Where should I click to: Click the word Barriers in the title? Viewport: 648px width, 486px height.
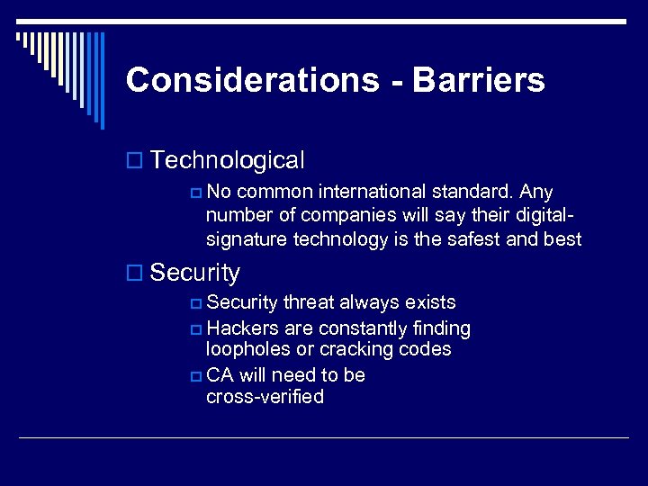click(x=479, y=80)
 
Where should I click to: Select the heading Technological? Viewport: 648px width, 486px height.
click(x=228, y=160)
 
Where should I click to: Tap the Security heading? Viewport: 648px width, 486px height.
click(x=195, y=272)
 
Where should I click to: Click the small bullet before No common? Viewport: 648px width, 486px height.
click(x=196, y=193)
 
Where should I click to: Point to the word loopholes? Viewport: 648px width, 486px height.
click(x=248, y=349)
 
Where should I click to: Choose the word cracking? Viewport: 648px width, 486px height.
click(x=354, y=349)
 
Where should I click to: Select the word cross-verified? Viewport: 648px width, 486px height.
click(x=265, y=397)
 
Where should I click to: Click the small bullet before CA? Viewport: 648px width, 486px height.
click(x=196, y=375)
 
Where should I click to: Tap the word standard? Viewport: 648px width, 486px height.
click(x=482, y=192)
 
